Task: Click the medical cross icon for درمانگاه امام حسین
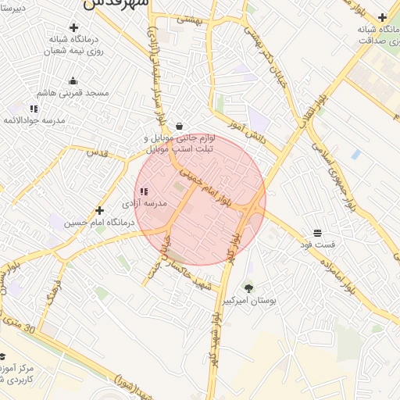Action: coord(99,210)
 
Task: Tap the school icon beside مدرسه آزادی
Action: coord(143,191)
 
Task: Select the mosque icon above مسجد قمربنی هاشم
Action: coord(73,80)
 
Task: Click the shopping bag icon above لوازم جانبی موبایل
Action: coord(180,126)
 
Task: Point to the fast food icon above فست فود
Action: coord(317,233)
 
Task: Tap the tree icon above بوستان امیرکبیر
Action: coord(248,288)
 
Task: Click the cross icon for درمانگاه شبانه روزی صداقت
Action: coord(382,16)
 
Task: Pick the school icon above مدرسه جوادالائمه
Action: coord(34,109)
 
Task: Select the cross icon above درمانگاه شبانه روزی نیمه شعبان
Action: coord(73,27)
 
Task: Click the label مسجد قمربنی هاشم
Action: coord(76,92)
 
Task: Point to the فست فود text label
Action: coord(318,245)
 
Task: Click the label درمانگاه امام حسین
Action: coord(99,223)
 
